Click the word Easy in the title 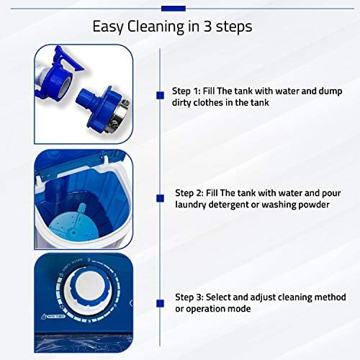click(108, 27)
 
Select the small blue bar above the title click(173, 8)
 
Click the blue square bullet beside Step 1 click(159, 94)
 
